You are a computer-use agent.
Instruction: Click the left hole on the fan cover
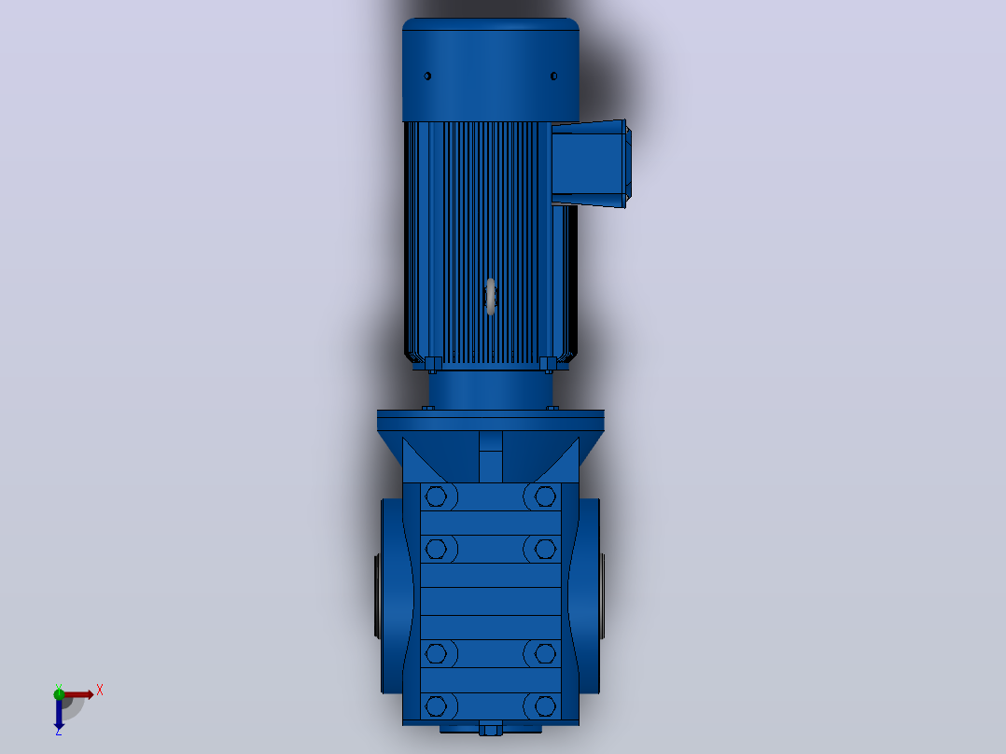point(427,77)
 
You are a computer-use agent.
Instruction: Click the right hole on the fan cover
point(553,77)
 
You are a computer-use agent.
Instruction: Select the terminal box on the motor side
point(591,163)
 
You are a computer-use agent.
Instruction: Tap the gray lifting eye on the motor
point(491,297)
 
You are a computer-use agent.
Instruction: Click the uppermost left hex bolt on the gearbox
point(437,496)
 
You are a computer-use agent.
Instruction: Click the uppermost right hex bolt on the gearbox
point(545,496)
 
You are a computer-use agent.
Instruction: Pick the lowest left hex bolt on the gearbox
point(437,706)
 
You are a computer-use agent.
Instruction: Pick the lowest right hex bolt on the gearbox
point(545,706)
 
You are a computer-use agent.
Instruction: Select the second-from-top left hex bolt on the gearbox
point(437,549)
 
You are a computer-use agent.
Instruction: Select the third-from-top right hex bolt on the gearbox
point(545,654)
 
